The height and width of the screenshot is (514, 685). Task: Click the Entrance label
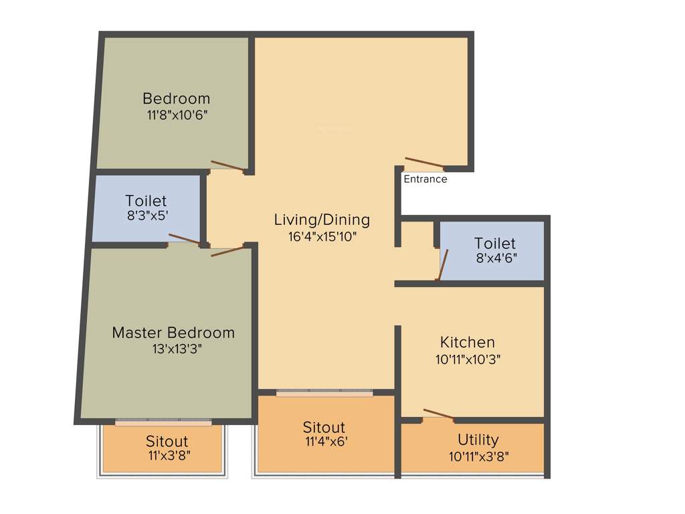click(x=425, y=179)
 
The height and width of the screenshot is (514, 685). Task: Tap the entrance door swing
click(x=424, y=163)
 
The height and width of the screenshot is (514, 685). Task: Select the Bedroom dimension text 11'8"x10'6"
click(x=177, y=114)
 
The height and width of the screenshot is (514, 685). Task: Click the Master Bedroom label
click(x=173, y=333)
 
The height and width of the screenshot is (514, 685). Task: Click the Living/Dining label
click(x=322, y=220)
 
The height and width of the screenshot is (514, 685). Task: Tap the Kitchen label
click(x=468, y=342)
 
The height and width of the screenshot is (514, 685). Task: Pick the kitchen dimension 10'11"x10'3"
click(x=468, y=359)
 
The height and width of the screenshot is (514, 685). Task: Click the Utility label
click(x=478, y=440)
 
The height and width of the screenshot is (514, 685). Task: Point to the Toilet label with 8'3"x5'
click(x=146, y=201)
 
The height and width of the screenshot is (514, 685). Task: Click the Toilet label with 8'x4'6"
click(x=495, y=243)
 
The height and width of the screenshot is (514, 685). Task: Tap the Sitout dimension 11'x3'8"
click(x=167, y=456)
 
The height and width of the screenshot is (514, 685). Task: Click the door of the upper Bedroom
click(x=227, y=167)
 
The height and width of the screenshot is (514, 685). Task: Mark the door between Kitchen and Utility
click(x=439, y=415)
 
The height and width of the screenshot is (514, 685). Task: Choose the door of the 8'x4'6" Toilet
click(x=442, y=264)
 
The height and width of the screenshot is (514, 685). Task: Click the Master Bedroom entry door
click(x=228, y=252)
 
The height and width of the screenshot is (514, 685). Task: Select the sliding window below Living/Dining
click(x=325, y=393)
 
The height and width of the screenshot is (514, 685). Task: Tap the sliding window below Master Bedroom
click(x=163, y=422)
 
